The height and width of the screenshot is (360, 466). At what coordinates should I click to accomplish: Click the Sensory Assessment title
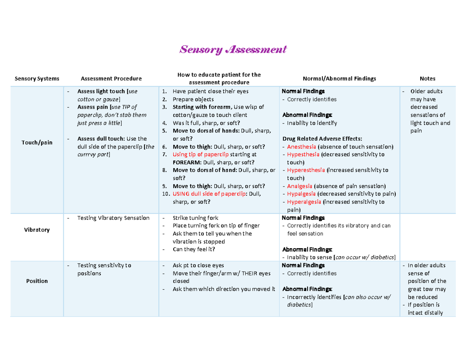pos(232,50)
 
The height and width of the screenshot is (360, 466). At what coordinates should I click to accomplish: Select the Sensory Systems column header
pos(37,78)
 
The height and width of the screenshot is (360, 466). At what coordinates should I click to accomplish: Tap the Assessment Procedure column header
pos(111,78)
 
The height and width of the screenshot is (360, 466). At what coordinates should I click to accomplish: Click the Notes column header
pos(430,78)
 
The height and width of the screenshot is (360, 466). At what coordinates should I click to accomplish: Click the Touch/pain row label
pos(37,143)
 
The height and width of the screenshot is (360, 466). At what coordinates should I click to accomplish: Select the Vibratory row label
pos(37,230)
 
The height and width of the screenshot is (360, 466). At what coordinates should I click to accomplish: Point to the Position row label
pos(37,281)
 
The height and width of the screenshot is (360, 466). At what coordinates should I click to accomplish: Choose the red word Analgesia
pos(299,186)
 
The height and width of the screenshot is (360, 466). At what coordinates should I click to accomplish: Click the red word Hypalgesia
pos(301,194)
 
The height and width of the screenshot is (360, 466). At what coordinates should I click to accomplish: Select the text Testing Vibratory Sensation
pos(113,218)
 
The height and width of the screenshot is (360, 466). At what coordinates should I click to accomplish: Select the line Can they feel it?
pos(193,249)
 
